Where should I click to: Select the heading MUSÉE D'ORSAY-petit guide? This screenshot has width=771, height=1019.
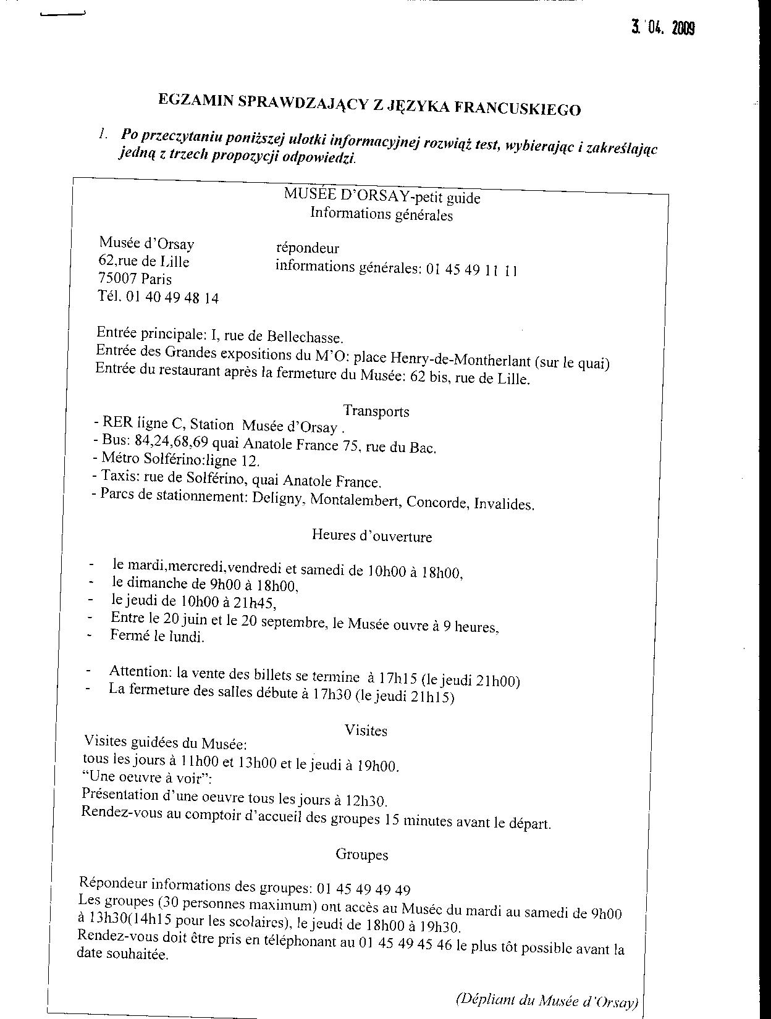(x=382, y=196)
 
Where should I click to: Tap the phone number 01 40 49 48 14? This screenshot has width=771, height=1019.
(x=172, y=298)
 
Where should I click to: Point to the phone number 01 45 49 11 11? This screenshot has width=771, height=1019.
(x=471, y=270)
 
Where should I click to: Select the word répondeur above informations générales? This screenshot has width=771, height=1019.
(x=307, y=248)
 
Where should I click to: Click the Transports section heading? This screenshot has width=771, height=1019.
(x=376, y=411)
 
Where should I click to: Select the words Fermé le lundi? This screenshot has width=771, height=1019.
(x=157, y=635)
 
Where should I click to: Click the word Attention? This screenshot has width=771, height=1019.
(x=140, y=671)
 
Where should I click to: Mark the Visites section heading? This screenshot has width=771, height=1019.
(x=366, y=731)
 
